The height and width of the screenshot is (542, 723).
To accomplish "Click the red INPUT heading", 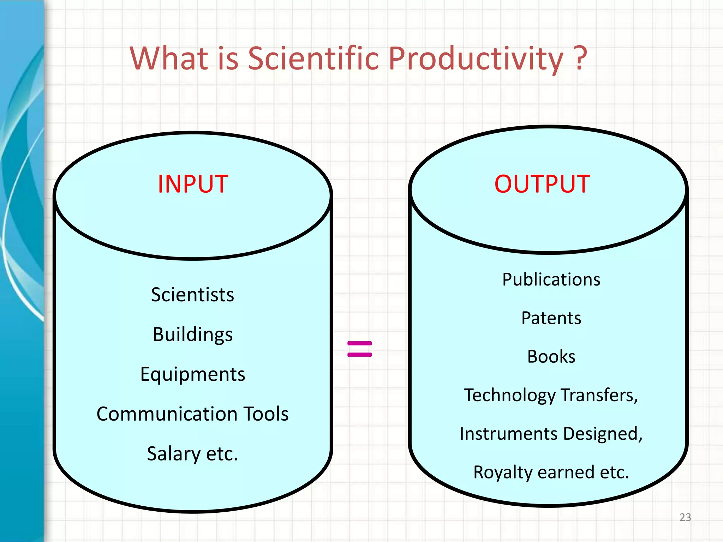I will point(193,184).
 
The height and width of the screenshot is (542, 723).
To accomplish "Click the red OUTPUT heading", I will point(542,184).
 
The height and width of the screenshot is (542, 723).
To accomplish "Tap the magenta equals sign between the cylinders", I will point(359,349).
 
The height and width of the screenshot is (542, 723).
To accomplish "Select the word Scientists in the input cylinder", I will point(192,295).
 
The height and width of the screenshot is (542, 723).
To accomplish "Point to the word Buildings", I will point(192,335).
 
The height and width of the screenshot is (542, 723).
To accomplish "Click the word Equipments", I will point(192,374).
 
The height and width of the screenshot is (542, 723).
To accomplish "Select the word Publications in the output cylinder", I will point(551,279).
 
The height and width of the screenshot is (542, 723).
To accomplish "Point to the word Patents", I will point(551,318).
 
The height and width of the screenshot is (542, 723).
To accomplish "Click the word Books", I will point(551,357).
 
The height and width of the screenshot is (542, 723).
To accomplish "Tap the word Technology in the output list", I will point(510,396).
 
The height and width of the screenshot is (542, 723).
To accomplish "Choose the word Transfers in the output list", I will point(599,395).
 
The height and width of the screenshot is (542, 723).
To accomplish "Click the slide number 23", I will point(685,517).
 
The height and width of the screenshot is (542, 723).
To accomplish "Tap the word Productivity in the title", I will point(476,59).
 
